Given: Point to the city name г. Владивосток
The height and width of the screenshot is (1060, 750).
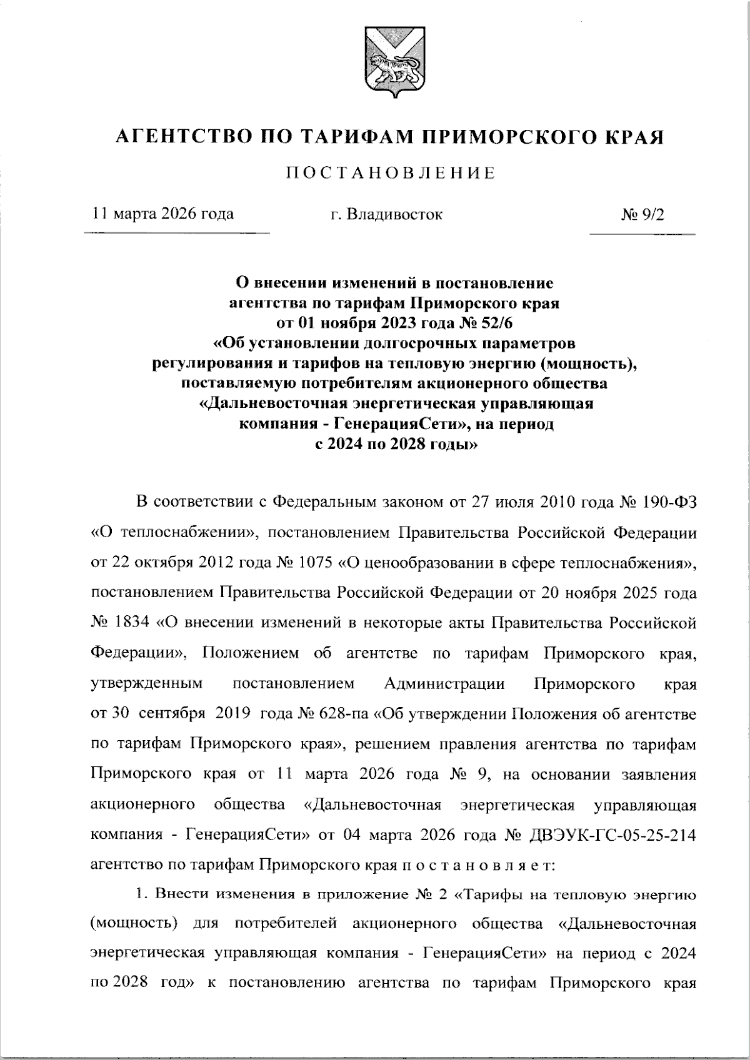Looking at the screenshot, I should pyautogui.click(x=386, y=214).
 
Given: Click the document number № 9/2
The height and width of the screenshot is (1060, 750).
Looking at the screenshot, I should pyautogui.click(x=642, y=214).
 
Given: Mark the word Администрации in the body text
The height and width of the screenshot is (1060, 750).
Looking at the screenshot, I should pyautogui.click(x=445, y=683).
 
